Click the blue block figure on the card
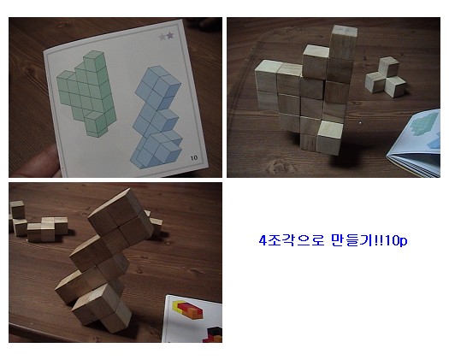157,117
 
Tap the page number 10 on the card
194,157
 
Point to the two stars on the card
167,36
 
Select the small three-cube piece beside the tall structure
386,77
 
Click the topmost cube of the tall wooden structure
344,42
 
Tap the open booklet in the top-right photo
415,143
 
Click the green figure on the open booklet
424,124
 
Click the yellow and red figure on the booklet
187,310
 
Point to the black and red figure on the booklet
213,335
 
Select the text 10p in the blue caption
396,240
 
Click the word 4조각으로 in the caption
292,240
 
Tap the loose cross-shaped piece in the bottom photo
47,228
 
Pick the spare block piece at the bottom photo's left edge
18,218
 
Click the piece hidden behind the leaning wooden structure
155,222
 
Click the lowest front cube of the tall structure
330,138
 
